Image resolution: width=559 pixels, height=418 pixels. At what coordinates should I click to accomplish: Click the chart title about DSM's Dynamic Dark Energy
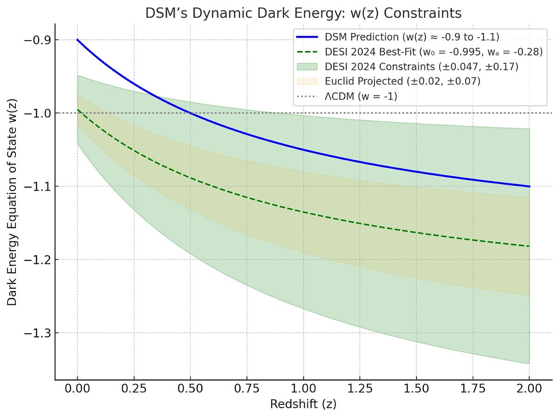(303, 13)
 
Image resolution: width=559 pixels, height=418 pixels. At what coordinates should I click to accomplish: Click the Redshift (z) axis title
(303, 404)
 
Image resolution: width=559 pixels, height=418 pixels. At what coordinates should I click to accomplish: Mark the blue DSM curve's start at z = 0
(77, 40)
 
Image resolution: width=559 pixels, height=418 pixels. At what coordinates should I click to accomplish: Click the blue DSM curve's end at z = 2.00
(530, 186)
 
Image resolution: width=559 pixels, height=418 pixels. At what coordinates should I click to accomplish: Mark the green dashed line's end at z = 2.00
(530, 246)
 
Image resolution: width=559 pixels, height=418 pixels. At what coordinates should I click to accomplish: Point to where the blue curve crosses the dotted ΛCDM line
(190, 113)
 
